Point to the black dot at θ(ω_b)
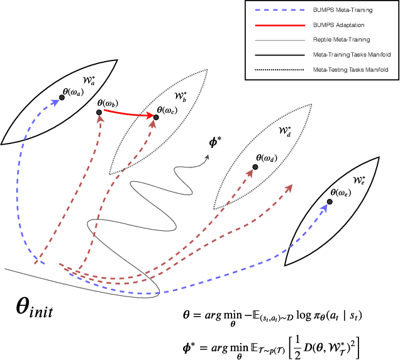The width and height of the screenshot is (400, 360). point(99,113)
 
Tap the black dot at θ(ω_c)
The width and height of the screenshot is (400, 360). point(157,117)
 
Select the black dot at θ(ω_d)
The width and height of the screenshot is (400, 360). point(255,167)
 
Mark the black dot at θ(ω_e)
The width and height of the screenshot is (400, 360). point(329,201)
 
